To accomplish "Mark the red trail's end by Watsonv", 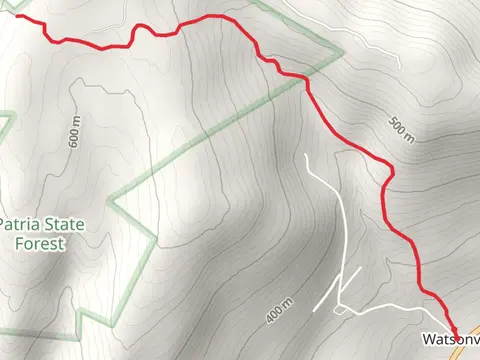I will click(456, 333).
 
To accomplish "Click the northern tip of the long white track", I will click(306, 155).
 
